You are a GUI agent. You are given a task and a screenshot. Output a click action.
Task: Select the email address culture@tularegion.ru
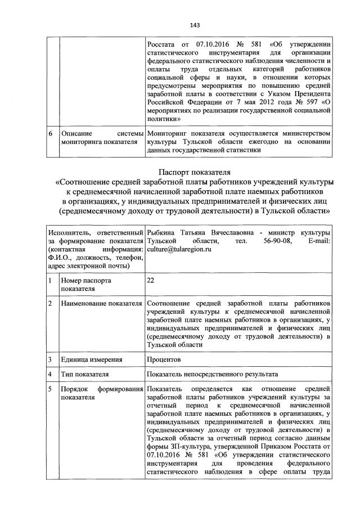tap(178, 249)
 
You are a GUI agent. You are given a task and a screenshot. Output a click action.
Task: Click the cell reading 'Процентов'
tap(164, 358)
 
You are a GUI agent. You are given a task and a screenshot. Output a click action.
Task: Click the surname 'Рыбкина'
tap(163, 232)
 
